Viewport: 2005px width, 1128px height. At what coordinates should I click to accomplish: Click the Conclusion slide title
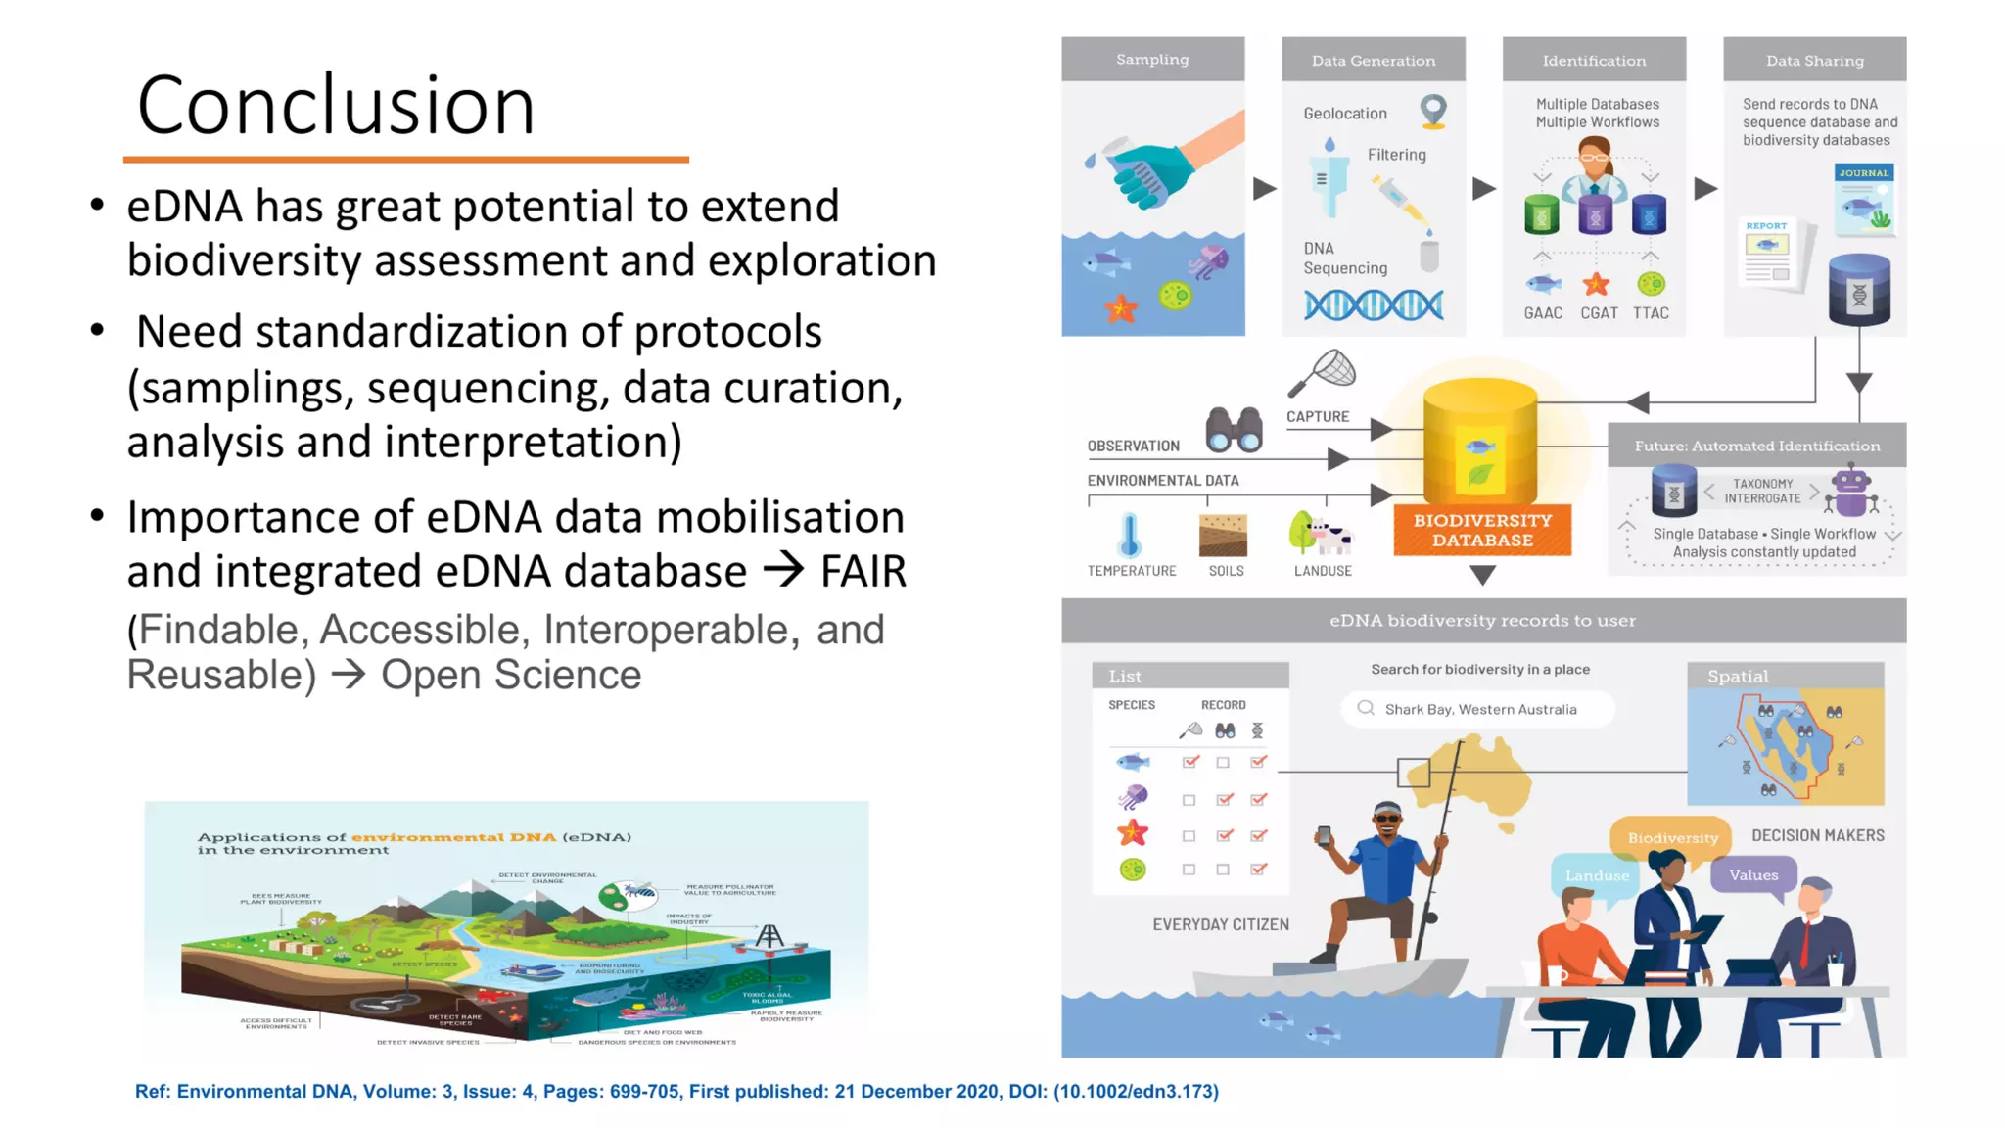click(336, 105)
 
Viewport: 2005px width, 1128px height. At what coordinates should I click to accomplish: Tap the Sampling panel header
click(1152, 60)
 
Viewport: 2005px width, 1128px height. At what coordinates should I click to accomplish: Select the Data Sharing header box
click(1814, 61)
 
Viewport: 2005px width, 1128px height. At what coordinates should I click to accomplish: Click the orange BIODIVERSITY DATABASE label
click(1482, 530)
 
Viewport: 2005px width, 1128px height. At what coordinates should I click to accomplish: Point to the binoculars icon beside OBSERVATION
click(1234, 430)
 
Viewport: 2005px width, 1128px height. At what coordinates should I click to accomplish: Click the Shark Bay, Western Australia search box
click(1478, 709)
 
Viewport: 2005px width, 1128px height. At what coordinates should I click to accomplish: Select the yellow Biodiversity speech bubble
click(1672, 837)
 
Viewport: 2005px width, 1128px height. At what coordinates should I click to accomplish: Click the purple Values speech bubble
click(1752, 874)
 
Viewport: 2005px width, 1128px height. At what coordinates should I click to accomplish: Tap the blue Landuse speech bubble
click(1596, 875)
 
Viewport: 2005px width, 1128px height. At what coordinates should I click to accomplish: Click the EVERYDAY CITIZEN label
click(1220, 924)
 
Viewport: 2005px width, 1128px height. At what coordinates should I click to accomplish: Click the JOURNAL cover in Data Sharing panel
click(1864, 200)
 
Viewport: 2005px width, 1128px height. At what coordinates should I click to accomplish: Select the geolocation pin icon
click(1433, 112)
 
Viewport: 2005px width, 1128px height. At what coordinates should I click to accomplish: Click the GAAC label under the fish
click(1543, 313)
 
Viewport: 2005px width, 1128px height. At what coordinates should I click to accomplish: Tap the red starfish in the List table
click(1133, 833)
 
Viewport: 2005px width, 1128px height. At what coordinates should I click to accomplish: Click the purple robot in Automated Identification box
click(1850, 492)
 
